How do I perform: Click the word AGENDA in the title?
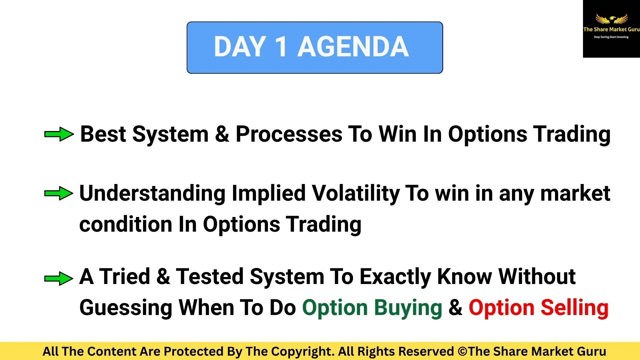[x=353, y=47]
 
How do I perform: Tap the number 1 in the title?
[x=281, y=47]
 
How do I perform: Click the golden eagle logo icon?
[x=612, y=19]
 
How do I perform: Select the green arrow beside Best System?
[x=59, y=134]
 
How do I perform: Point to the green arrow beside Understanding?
[x=59, y=193]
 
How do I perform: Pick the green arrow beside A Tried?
[x=59, y=278]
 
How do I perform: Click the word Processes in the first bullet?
[x=289, y=134]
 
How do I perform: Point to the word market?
[x=575, y=193]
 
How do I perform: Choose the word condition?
[x=126, y=224]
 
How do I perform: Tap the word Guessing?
[x=126, y=308]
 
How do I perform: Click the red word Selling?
[x=574, y=308]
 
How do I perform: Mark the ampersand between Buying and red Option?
[x=455, y=308]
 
